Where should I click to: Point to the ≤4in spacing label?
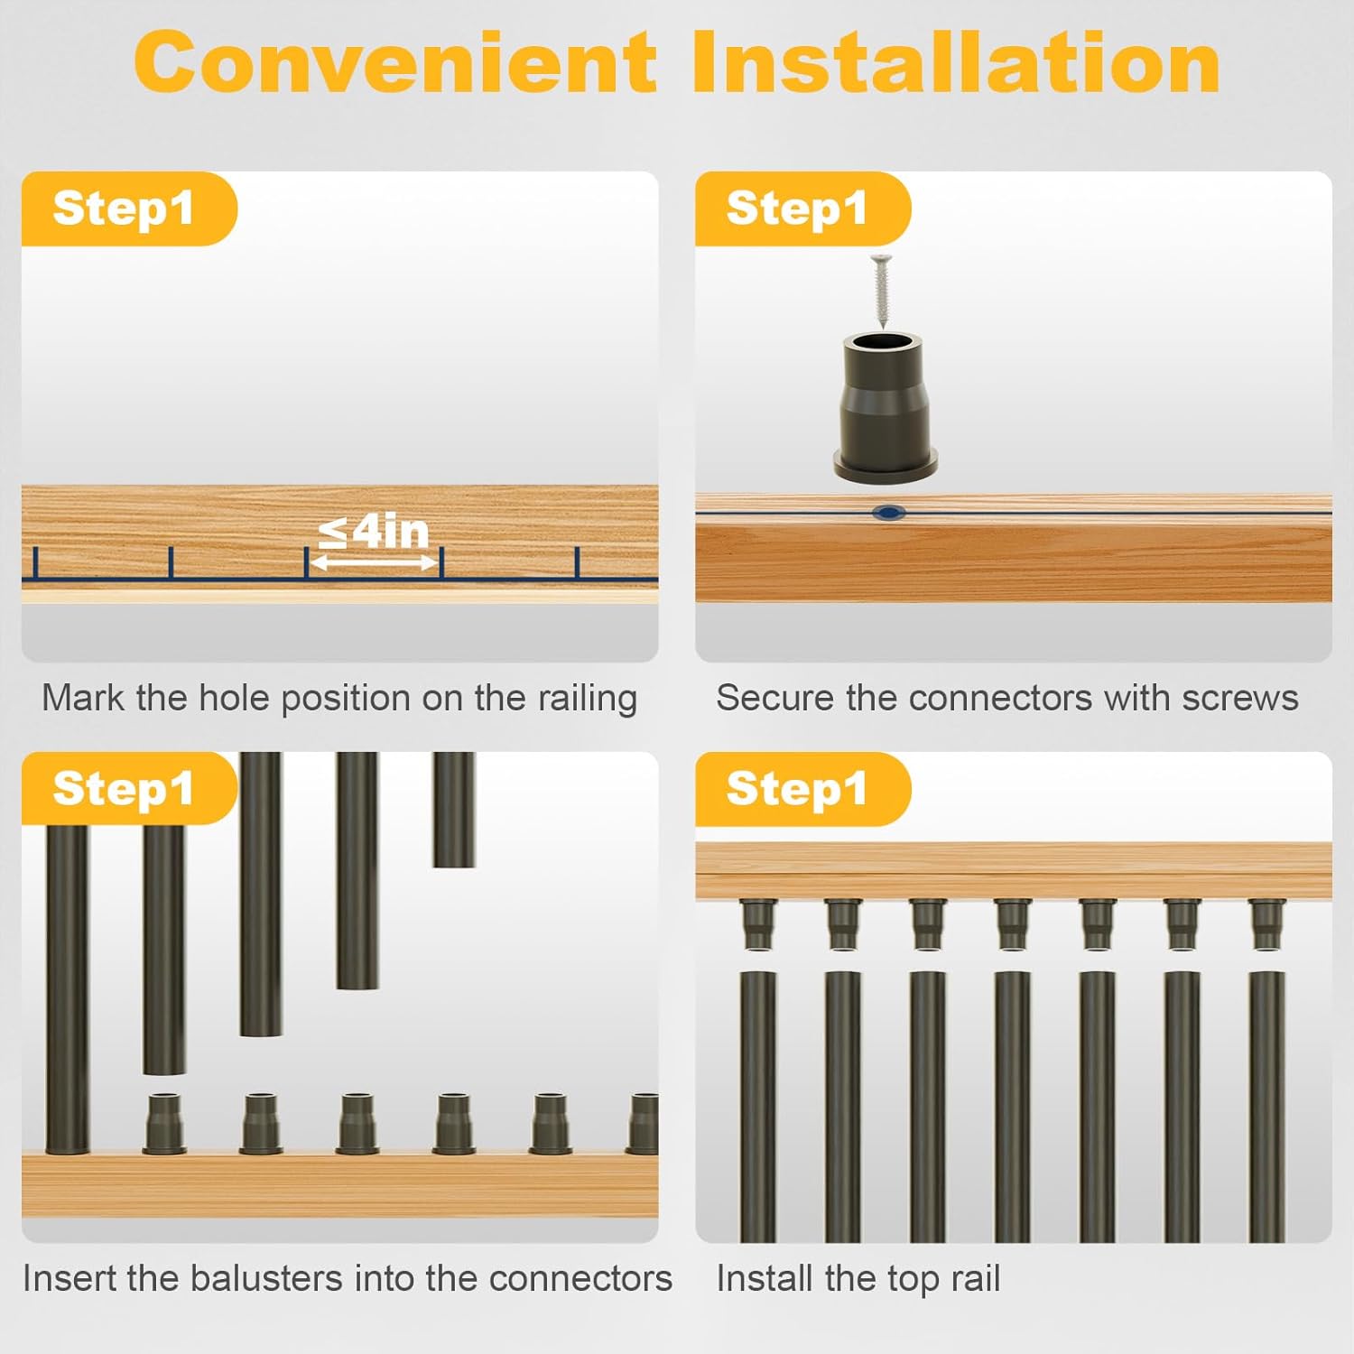point(374,531)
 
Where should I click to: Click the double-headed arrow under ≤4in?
point(374,562)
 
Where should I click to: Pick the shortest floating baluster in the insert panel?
point(453,810)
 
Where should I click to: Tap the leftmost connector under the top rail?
point(757,923)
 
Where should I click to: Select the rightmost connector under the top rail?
point(1266,923)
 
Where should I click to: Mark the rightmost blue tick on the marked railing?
point(577,562)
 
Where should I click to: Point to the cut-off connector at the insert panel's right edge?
point(644,1124)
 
